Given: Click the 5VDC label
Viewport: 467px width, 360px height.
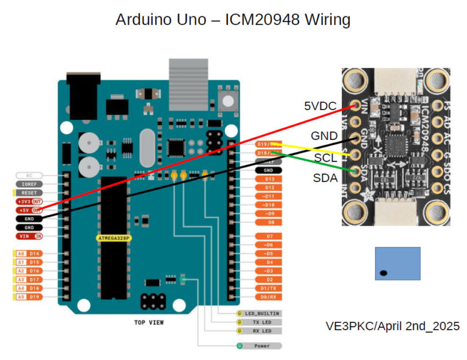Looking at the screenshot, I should tap(320, 106).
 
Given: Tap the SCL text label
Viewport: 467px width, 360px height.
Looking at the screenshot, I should tap(326, 157).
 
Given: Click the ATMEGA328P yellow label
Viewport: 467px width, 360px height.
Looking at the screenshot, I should tap(114, 238).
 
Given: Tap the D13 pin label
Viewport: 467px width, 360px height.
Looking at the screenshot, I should tap(269, 179).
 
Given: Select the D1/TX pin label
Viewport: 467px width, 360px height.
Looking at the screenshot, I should tap(269, 288).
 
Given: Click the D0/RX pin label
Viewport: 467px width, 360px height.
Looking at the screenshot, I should tap(269, 297).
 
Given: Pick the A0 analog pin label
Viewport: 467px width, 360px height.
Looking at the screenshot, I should tap(20, 253).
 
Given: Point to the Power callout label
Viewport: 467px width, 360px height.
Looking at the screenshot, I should tap(262, 345).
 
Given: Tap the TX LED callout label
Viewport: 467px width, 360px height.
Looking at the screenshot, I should tap(262, 322).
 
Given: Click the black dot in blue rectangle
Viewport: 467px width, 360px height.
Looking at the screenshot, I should tap(384, 272).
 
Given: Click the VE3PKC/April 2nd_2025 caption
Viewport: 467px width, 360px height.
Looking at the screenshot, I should tap(392, 326).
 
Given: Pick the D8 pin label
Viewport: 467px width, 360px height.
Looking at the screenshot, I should tap(269, 223).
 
